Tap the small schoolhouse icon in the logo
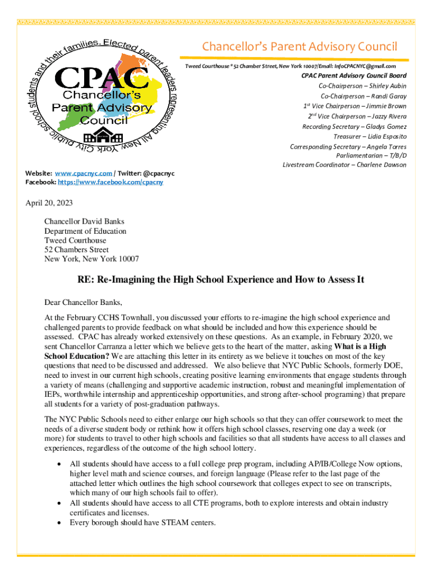click(x=102, y=137)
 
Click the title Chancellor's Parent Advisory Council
click(x=300, y=46)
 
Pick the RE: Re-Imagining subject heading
click(x=217, y=280)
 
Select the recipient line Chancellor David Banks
click(x=84, y=221)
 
